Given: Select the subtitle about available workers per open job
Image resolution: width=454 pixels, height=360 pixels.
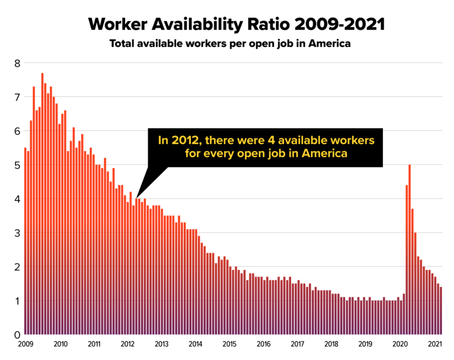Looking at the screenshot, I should (x=230, y=43).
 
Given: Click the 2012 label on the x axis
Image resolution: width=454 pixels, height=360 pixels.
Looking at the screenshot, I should (x=128, y=344).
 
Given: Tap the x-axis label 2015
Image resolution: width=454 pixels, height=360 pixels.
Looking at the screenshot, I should (x=230, y=344).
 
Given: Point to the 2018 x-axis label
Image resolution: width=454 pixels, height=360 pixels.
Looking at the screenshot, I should (x=332, y=344).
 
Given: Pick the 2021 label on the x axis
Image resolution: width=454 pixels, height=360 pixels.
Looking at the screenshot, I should (x=434, y=344).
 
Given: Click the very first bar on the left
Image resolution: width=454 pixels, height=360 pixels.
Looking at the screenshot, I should (x=25, y=240).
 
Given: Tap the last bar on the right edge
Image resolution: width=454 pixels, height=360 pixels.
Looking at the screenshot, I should (x=441, y=310).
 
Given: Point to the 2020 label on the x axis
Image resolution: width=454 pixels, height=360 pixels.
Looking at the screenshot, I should (x=400, y=344).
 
